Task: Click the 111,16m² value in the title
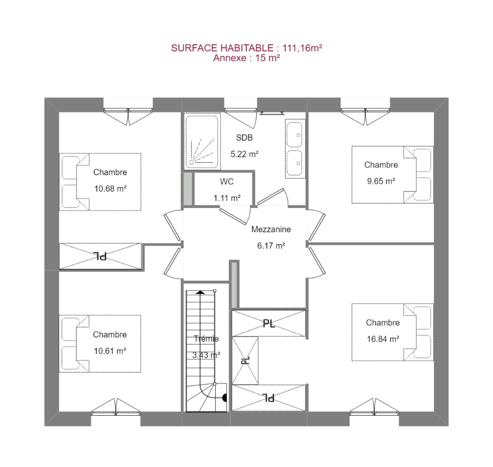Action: (302, 48)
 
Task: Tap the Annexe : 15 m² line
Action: (246, 58)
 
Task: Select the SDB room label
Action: (244, 137)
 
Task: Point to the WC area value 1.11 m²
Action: (227, 198)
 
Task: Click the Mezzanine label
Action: (271, 229)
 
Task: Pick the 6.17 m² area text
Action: (271, 246)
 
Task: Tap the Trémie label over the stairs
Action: (206, 339)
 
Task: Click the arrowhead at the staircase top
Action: (200, 292)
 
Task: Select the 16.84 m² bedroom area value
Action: (383, 339)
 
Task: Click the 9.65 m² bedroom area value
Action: (381, 181)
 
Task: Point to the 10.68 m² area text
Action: (110, 189)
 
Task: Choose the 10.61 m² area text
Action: (110, 351)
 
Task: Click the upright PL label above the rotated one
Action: (269, 323)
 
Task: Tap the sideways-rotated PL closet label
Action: (245, 360)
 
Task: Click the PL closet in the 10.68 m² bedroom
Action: (101, 256)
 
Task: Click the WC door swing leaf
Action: (233, 216)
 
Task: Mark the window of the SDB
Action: (240, 110)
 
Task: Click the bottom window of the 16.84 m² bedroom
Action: (374, 413)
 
